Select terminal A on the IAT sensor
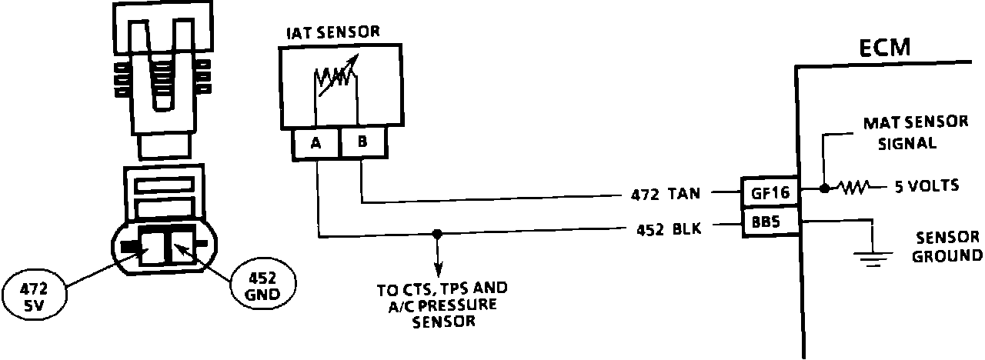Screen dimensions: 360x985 (316, 145)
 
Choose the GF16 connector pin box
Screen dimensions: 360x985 (770, 192)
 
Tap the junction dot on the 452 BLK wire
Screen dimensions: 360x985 (437, 233)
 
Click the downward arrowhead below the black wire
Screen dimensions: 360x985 (439, 272)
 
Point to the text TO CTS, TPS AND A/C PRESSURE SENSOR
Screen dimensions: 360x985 (442, 305)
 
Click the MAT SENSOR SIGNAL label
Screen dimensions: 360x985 (907, 133)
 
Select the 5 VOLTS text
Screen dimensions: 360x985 (927, 186)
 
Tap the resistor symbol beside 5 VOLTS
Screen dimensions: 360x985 (853, 187)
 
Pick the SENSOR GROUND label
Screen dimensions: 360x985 (946, 246)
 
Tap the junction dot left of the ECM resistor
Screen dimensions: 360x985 (824, 187)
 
